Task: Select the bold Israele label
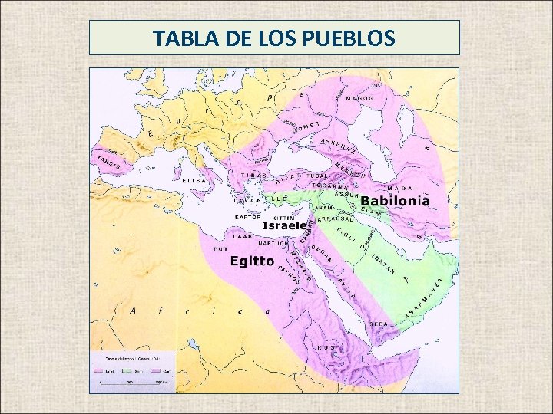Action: pyautogui.click(x=285, y=226)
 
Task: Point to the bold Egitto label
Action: pyautogui.click(x=253, y=261)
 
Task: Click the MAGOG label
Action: pyautogui.click(x=359, y=99)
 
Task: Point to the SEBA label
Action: pyautogui.click(x=379, y=324)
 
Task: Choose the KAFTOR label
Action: pyautogui.click(x=248, y=217)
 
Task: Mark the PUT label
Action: pyautogui.click(x=221, y=249)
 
